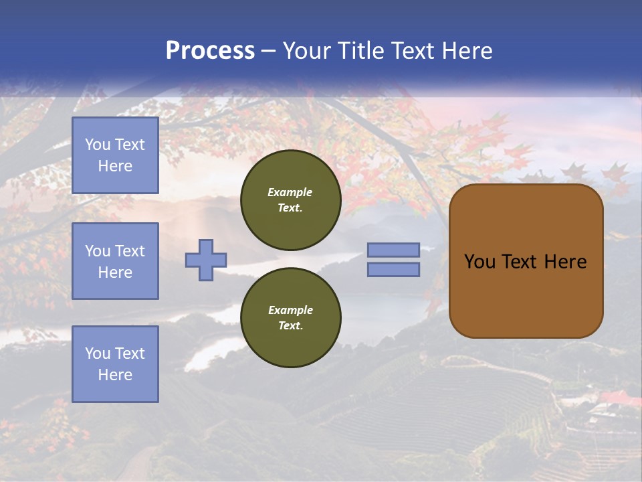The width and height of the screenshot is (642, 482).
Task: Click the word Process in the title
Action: click(x=210, y=51)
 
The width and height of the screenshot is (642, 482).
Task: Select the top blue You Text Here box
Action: click(x=115, y=155)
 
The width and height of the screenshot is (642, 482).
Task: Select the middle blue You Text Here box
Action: click(x=115, y=261)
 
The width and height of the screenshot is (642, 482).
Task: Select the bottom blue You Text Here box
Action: click(x=115, y=364)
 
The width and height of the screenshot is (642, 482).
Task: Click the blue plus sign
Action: click(x=206, y=260)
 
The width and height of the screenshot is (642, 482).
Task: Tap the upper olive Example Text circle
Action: click(x=290, y=199)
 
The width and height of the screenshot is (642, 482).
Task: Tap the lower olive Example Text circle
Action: click(x=290, y=317)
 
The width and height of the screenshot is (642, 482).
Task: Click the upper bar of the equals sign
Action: click(x=393, y=250)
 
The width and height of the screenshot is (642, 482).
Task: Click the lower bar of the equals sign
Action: click(x=393, y=269)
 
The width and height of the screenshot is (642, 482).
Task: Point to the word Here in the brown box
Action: click(x=565, y=262)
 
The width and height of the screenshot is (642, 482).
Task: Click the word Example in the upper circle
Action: click(x=290, y=192)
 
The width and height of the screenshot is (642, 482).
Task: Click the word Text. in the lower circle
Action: click(x=290, y=325)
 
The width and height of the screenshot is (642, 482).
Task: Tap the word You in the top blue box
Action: click(x=98, y=145)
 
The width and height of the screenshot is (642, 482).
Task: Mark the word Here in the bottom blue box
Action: click(x=115, y=375)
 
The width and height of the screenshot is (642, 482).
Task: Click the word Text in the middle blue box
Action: click(x=130, y=251)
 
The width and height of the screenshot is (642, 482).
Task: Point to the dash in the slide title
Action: click(x=268, y=51)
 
